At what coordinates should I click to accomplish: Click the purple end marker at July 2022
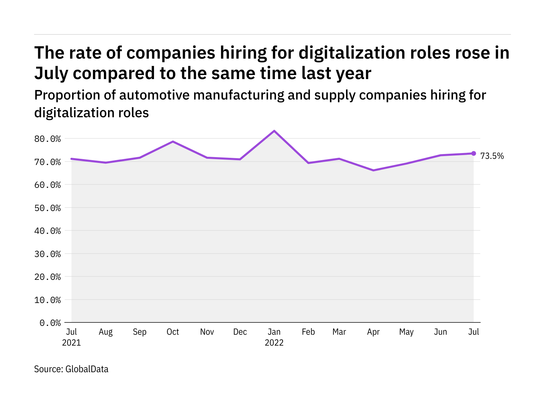click(x=473, y=153)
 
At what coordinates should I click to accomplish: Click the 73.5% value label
click(x=492, y=156)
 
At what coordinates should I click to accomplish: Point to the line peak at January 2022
click(x=274, y=131)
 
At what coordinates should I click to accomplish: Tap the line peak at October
click(x=173, y=141)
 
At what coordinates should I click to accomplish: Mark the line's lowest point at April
click(x=374, y=170)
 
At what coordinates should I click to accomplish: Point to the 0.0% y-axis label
click(x=50, y=323)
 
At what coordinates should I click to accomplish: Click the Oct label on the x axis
click(x=173, y=332)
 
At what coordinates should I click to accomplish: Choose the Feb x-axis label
click(x=308, y=332)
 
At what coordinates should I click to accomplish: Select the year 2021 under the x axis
click(x=72, y=343)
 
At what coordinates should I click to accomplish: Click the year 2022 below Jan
click(x=274, y=343)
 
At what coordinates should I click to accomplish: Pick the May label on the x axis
click(x=406, y=332)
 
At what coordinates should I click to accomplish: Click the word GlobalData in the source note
click(x=87, y=369)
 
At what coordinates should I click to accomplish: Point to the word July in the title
click(x=51, y=73)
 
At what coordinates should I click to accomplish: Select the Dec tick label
click(x=240, y=332)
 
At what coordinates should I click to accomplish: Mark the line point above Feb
click(x=308, y=163)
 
